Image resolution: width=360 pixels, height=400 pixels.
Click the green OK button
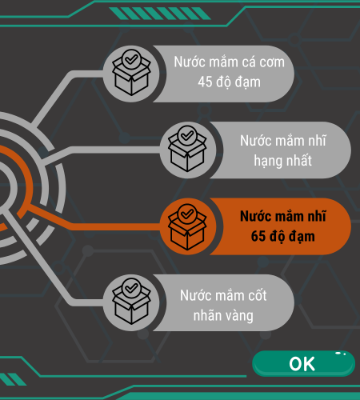303,364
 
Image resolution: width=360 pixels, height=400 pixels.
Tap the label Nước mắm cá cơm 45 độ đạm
230,72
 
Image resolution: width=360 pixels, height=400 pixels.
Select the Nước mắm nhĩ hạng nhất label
282,150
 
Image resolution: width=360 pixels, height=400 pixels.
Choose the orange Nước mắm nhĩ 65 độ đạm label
282,226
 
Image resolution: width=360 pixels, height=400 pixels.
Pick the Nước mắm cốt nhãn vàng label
223,306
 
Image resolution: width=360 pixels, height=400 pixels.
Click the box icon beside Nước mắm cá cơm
131,73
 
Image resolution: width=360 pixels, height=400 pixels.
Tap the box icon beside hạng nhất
187,149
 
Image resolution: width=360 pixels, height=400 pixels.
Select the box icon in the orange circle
187,227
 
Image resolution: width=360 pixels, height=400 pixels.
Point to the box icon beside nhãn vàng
131,302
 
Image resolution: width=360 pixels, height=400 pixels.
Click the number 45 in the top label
205,82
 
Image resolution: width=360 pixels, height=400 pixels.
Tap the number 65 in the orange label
258,236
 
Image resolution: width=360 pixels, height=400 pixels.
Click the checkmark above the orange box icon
187,214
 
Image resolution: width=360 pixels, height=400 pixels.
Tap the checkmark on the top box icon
131,59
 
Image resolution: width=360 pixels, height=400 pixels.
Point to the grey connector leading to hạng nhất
102,150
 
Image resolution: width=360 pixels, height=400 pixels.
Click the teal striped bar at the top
160,14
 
